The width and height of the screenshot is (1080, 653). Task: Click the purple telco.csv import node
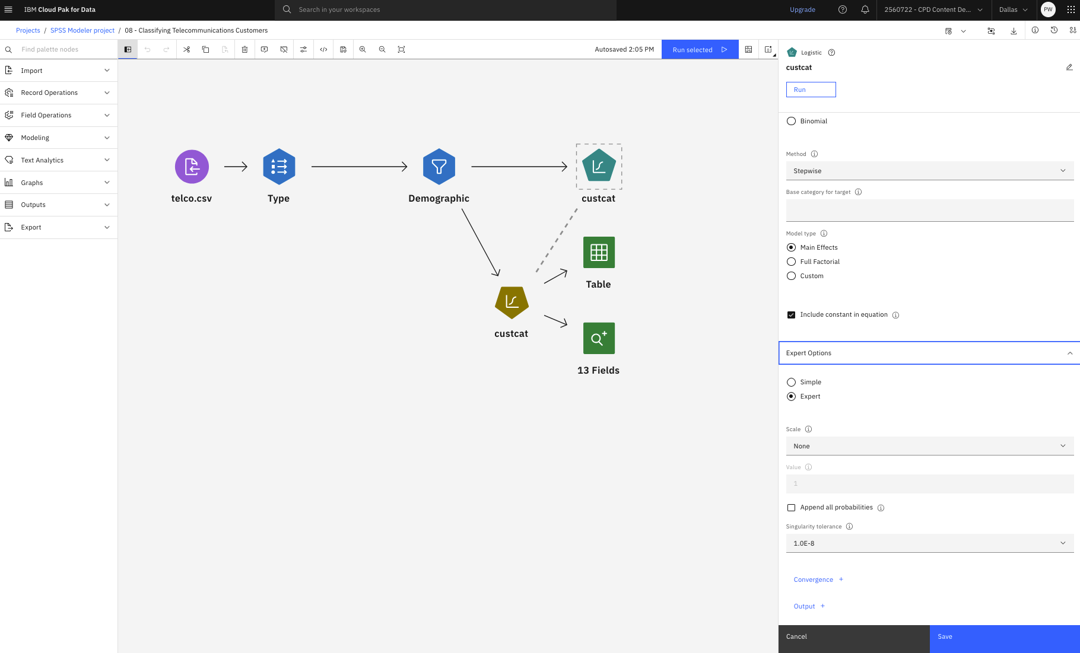[x=192, y=167]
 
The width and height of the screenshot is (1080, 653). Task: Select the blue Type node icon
[x=279, y=167]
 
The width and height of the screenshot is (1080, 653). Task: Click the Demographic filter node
[x=439, y=167]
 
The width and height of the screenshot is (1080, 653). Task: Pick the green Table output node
[x=599, y=253]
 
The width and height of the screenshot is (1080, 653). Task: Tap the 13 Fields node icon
[x=599, y=338]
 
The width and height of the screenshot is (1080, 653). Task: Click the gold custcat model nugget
[x=512, y=302]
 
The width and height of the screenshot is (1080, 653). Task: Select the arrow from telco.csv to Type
[x=236, y=167]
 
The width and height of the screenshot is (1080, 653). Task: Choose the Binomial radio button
[x=791, y=121]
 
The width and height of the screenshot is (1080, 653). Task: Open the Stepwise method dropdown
[x=930, y=171]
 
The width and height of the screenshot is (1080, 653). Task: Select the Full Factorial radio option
[x=791, y=262]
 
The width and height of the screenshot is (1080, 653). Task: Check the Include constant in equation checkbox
[x=791, y=315]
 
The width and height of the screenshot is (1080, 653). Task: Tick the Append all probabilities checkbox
[x=791, y=508]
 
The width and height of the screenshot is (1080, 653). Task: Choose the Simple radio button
[x=791, y=382]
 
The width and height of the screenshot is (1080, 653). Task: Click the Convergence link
[x=813, y=579]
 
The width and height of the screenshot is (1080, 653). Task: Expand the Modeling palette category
[x=59, y=138]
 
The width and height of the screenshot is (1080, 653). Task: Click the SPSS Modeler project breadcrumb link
[x=82, y=30]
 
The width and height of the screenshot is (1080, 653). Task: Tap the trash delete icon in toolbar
[x=244, y=49]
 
